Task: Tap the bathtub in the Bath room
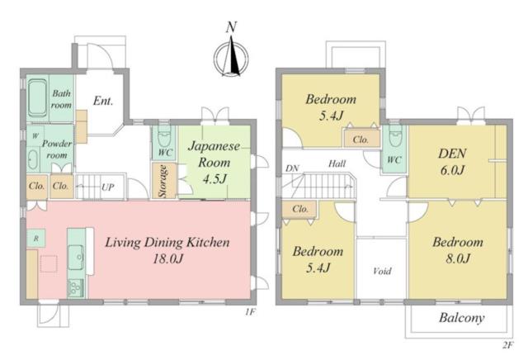[x=37, y=98]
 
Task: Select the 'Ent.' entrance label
[x=103, y=101]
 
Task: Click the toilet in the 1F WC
[x=164, y=136]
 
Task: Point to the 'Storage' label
[x=163, y=181]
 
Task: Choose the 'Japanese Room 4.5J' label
[x=214, y=162]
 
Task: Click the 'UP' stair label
[x=107, y=187]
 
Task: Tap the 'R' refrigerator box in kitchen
[x=36, y=238]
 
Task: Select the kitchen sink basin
[x=77, y=257]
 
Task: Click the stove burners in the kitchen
[x=76, y=288]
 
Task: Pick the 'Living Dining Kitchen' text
[x=167, y=243]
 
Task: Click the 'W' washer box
[x=35, y=135]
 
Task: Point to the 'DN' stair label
[x=292, y=168]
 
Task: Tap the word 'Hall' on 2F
[x=337, y=163]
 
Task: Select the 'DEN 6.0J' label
[x=452, y=162]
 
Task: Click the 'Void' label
[x=382, y=271]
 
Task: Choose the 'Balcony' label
[x=462, y=318]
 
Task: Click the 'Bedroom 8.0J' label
[x=458, y=250]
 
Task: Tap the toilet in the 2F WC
[x=395, y=136]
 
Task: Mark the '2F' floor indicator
[x=508, y=345]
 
